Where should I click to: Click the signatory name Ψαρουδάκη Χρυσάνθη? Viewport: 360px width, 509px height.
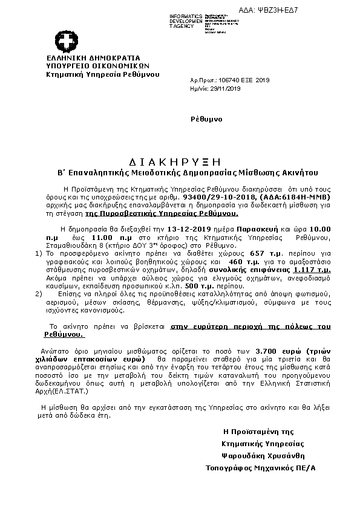(x=263, y=455)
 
